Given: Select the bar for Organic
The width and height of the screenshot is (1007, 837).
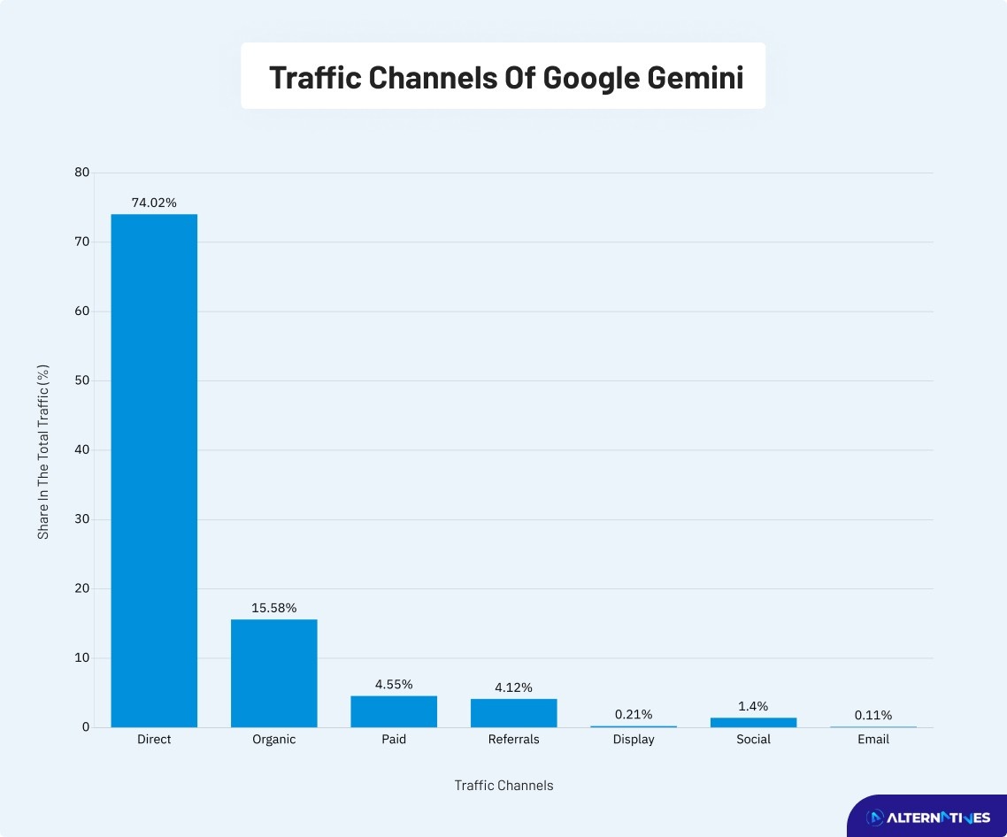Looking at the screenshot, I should [x=274, y=673].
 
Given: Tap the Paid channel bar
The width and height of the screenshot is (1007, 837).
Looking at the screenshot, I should [x=394, y=711].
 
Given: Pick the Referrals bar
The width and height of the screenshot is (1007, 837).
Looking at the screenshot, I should [x=513, y=713].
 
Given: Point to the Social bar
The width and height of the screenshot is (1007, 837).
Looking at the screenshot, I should [x=753, y=722].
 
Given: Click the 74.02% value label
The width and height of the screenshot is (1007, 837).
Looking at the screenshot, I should [x=154, y=203].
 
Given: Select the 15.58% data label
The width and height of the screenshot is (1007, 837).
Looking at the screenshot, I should [x=274, y=608].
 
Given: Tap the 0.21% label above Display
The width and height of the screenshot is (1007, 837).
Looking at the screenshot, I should [x=634, y=714].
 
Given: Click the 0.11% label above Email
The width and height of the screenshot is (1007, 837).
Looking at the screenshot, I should [x=873, y=715].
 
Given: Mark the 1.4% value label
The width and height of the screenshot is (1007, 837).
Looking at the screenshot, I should [x=753, y=706].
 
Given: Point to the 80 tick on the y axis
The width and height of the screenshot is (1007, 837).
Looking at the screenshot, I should [x=82, y=173].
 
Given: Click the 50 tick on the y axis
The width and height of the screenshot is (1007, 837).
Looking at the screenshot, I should [x=82, y=380].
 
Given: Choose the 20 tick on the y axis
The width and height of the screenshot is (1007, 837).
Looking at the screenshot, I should [x=82, y=588].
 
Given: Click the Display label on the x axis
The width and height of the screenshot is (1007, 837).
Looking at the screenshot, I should [x=634, y=740].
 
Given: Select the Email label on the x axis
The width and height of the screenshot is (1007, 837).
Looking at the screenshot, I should [x=873, y=740].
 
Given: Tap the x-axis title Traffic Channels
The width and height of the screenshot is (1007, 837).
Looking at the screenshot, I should [x=503, y=786].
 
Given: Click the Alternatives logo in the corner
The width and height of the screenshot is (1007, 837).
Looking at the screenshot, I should [x=927, y=818].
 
